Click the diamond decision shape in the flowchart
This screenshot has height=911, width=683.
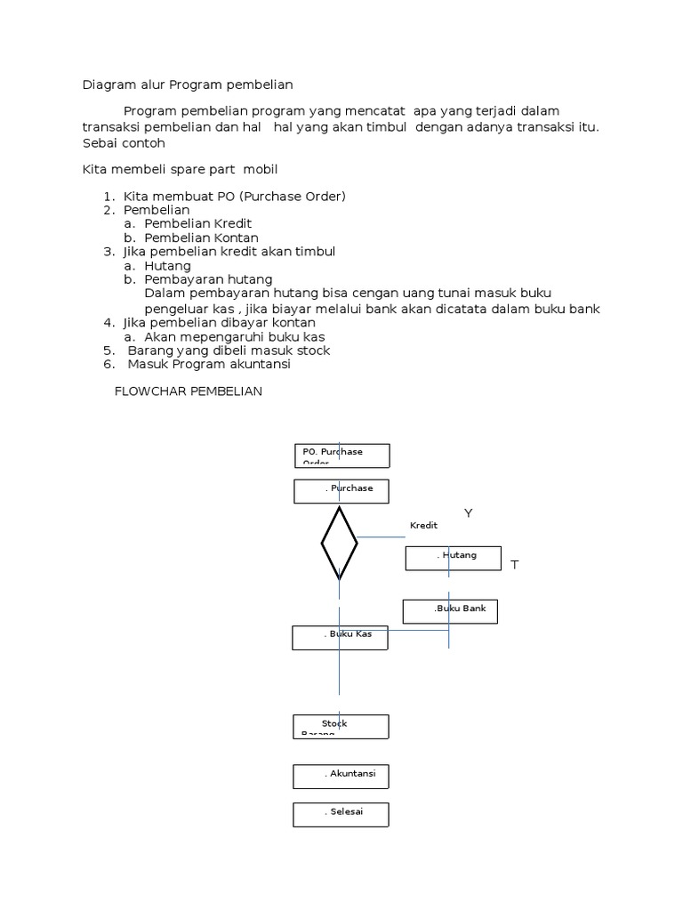(x=339, y=542)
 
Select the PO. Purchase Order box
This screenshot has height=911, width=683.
(x=341, y=455)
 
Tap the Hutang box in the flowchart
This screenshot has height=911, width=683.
(x=453, y=558)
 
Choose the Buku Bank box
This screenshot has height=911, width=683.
(x=450, y=611)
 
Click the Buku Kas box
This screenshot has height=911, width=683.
(x=340, y=637)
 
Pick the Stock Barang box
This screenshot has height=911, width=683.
(x=341, y=726)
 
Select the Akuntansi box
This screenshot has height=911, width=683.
(x=341, y=776)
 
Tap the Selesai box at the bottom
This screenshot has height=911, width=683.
(x=341, y=814)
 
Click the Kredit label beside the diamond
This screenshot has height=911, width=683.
(x=423, y=526)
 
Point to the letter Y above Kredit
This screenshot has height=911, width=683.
(x=468, y=513)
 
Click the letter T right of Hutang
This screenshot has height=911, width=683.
(x=514, y=565)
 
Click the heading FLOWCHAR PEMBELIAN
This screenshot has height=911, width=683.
(x=189, y=391)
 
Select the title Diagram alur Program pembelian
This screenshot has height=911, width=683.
(x=188, y=85)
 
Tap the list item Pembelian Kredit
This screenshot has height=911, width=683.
(x=198, y=223)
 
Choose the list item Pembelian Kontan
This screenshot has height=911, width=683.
(x=201, y=238)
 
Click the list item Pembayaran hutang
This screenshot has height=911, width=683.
(x=208, y=279)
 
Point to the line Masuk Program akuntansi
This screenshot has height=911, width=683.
(x=209, y=364)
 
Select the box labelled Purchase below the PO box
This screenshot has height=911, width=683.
(x=341, y=491)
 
